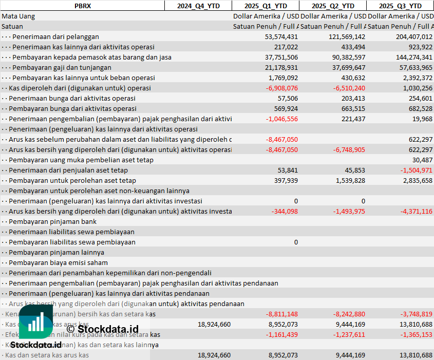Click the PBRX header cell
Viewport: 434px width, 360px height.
click(82, 6)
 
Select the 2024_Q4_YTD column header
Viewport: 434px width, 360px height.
click(198, 6)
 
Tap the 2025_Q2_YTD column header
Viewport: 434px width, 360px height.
click(333, 6)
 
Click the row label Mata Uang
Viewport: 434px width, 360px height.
click(18, 16)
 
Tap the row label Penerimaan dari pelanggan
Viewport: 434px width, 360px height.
click(55, 36)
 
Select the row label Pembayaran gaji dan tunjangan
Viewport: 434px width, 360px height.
click(62, 67)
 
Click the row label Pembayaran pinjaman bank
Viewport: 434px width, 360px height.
click(53, 221)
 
